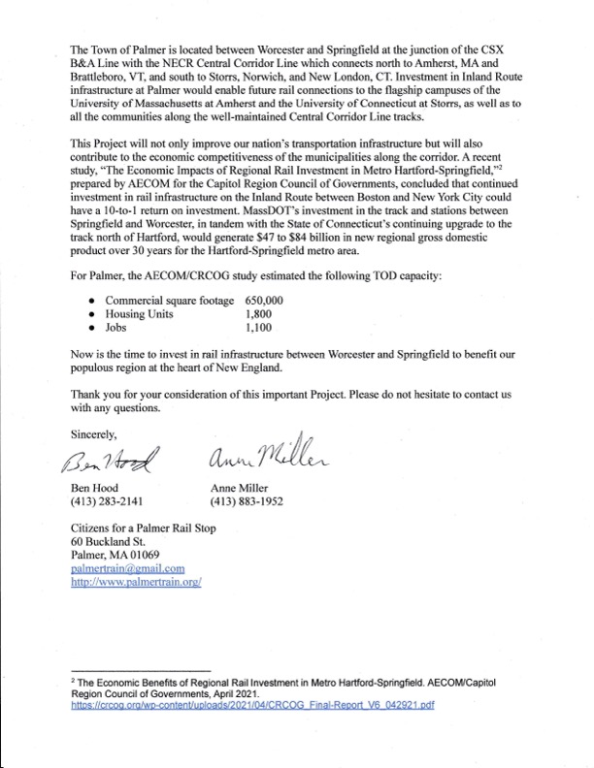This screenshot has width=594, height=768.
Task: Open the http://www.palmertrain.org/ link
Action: (135, 584)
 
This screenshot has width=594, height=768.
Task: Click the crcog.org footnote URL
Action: (252, 705)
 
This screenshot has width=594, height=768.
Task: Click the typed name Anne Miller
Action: (243, 488)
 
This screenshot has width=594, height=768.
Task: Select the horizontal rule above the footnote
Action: (141, 670)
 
